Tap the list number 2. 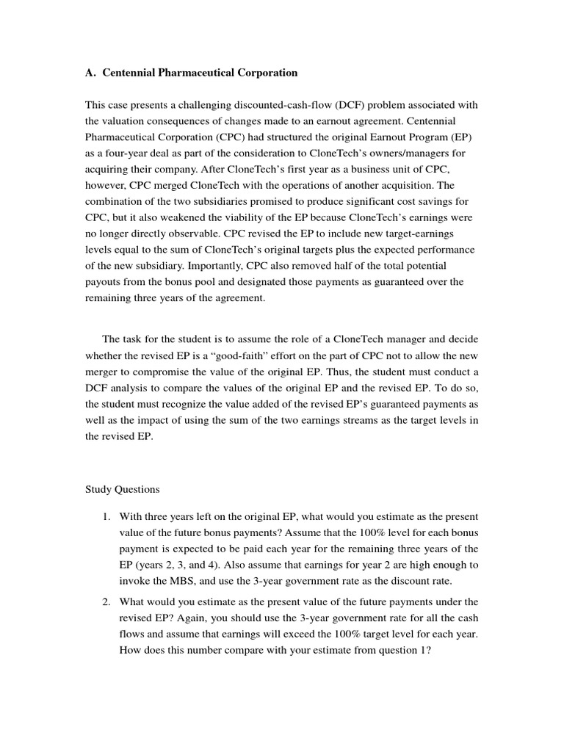(x=106, y=601)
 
